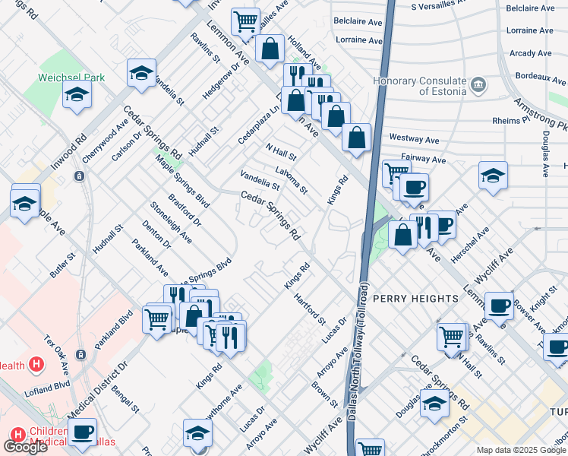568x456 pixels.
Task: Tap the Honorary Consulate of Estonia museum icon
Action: [x=478, y=83]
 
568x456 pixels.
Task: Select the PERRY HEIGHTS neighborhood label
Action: [x=415, y=299]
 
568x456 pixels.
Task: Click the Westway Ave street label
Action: [x=415, y=139]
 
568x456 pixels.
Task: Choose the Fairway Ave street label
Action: [x=423, y=159]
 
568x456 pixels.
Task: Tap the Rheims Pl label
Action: [x=510, y=120]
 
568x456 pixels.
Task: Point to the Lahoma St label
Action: [x=292, y=180]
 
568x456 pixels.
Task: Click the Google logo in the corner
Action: [x=25, y=447]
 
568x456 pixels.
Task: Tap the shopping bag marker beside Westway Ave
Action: [x=356, y=138]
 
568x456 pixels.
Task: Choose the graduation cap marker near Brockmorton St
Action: [x=434, y=404]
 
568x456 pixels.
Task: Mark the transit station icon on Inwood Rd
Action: [x=79, y=176]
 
